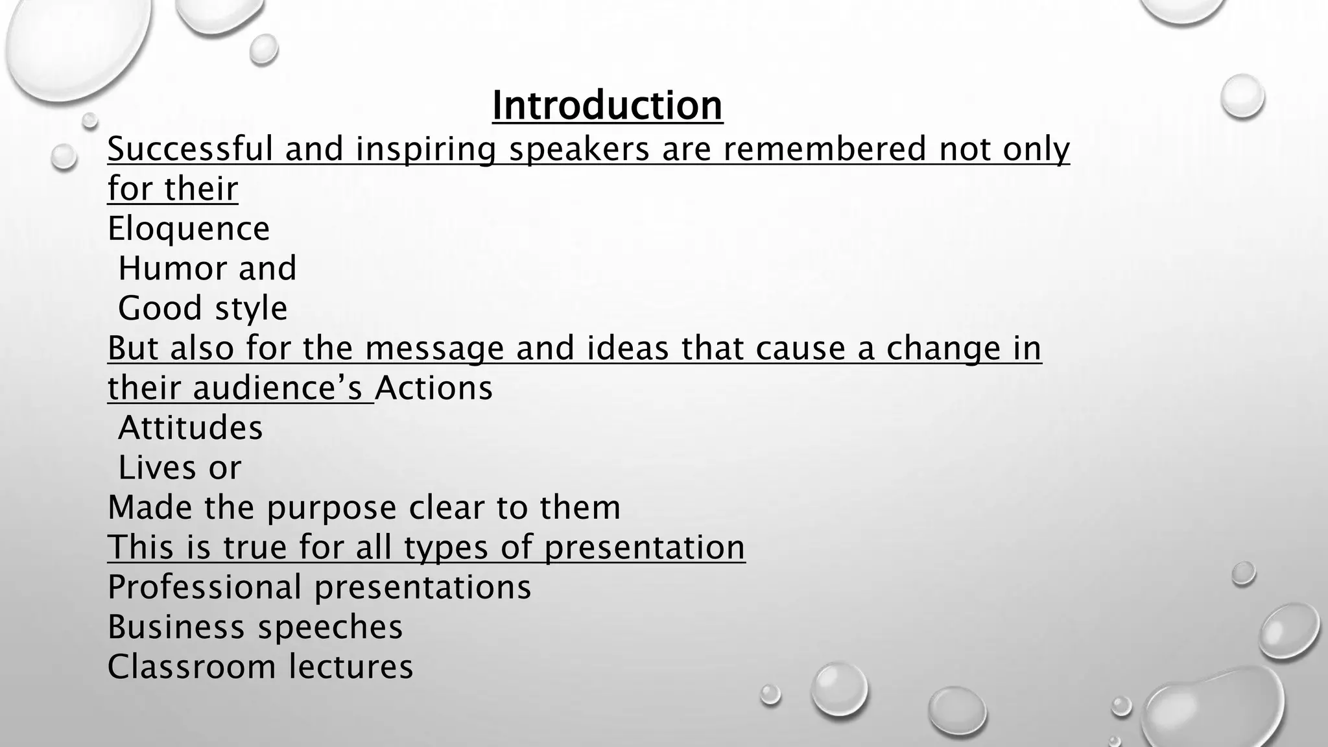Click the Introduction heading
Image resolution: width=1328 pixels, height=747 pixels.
(607, 105)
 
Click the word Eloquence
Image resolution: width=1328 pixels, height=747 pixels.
(188, 229)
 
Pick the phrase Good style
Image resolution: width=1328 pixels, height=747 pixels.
(202, 309)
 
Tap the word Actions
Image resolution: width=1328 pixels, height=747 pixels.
(434, 388)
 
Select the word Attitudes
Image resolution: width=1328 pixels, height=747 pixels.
(191, 428)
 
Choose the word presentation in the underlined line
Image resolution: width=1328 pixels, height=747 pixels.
(645, 547)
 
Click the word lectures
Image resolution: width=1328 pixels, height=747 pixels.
(351, 667)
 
